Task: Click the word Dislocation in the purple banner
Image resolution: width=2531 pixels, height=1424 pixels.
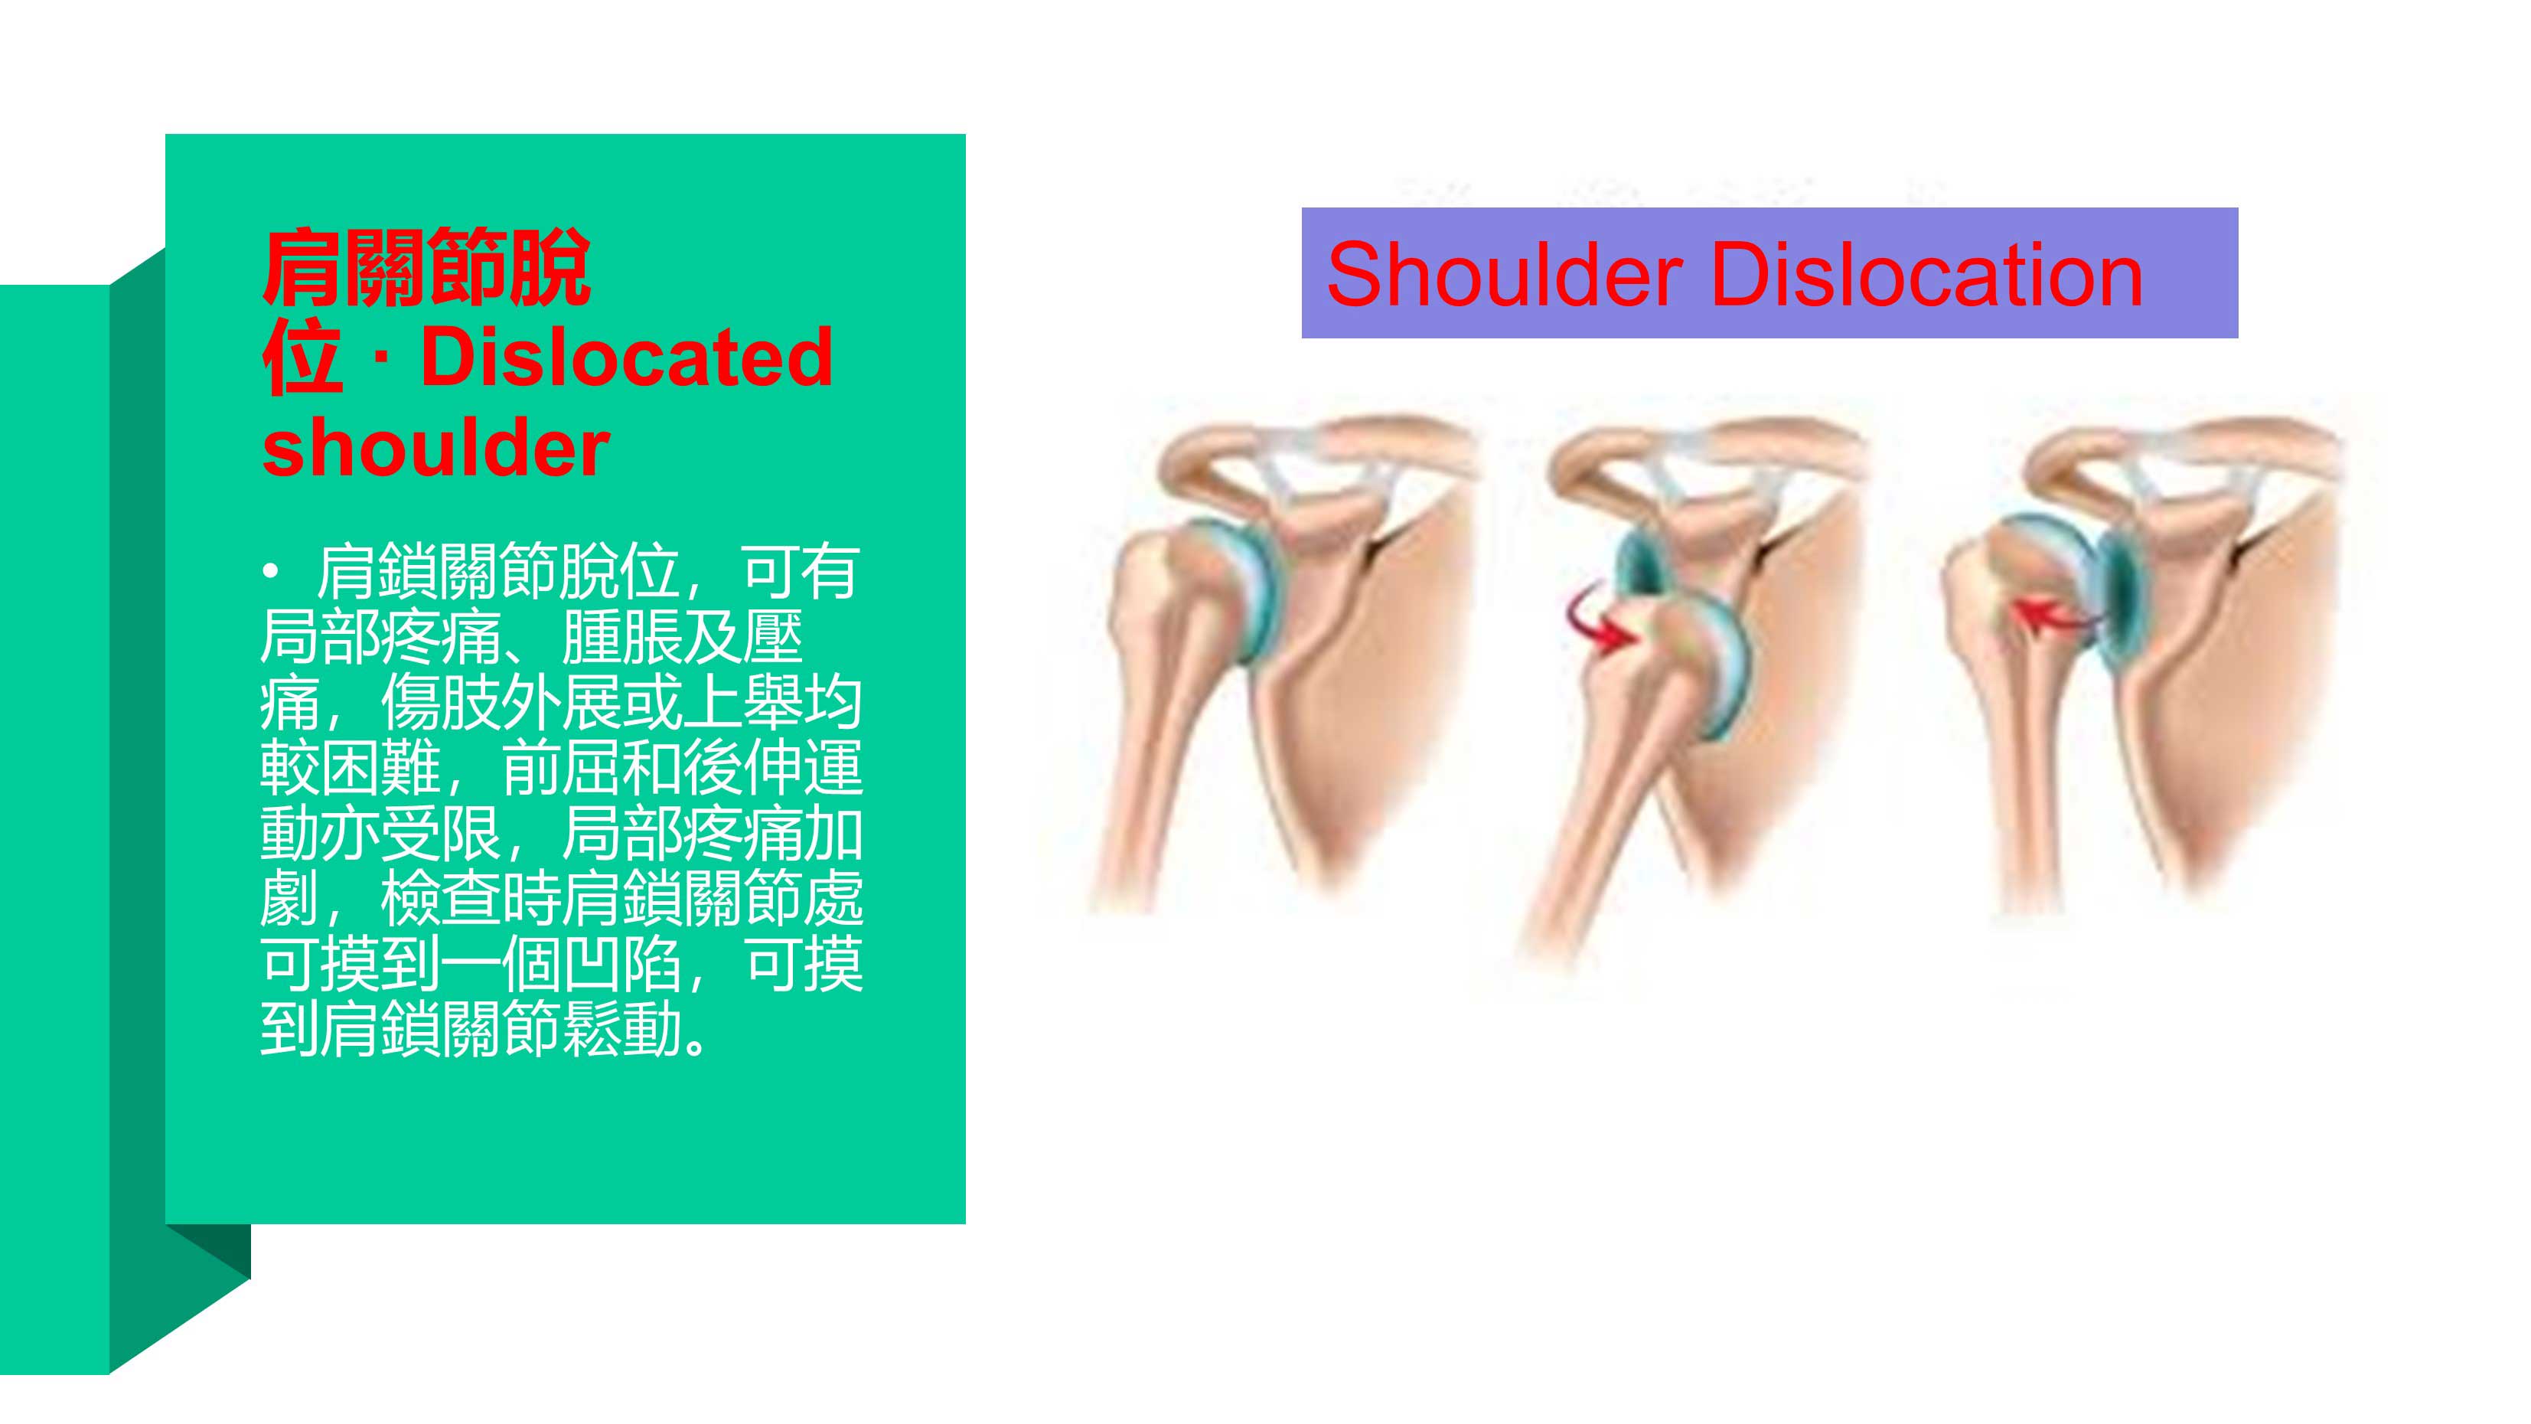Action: point(1926,274)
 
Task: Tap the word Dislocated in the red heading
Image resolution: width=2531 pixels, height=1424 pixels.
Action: point(627,358)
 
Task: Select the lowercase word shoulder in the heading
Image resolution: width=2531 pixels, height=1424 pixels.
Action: point(436,448)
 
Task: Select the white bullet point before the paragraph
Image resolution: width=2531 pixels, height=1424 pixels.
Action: point(271,572)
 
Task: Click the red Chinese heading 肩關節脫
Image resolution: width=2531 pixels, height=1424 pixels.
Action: point(426,267)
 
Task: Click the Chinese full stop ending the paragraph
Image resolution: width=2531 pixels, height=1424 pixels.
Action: point(696,1046)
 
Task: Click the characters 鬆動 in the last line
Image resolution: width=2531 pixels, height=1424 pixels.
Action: point(622,1030)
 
